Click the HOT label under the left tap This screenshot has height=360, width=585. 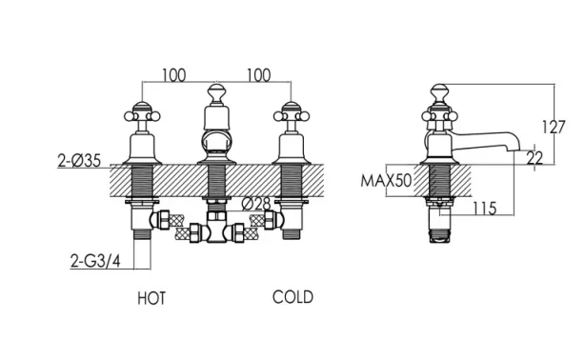point(151,298)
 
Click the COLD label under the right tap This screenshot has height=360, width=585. point(292,297)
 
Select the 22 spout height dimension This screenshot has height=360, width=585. point(535,159)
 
